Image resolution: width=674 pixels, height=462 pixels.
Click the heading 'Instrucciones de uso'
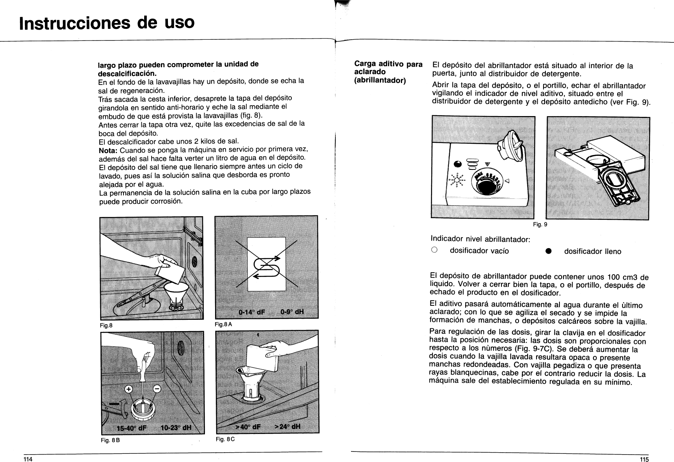coord(106,23)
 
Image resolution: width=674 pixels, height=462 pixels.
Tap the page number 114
coord(27,459)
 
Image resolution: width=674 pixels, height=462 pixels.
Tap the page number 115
coord(644,459)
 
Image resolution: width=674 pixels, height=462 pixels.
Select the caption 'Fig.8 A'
coord(223,324)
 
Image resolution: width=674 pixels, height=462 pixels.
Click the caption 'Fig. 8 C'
coord(225,439)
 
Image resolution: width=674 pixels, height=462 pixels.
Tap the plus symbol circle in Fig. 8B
coord(129,389)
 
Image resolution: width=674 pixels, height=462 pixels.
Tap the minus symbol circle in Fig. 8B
coord(157,388)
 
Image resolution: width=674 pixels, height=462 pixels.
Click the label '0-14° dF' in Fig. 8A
coord(252,312)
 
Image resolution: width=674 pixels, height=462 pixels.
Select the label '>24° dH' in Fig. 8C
coord(288,426)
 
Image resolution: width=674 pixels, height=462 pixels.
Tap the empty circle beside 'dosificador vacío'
coord(434,250)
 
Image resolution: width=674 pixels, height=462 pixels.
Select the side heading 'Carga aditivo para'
coord(388,64)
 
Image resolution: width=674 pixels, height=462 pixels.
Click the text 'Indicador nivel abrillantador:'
coord(480,239)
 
